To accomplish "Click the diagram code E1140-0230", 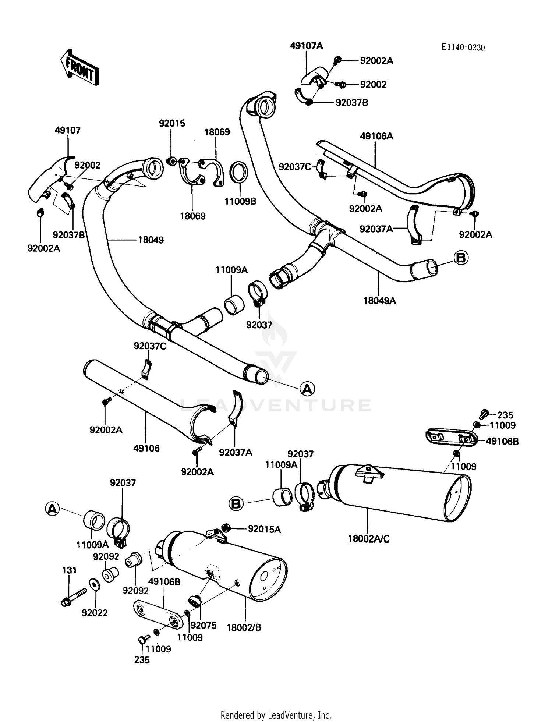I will [463, 47].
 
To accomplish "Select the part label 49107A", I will [306, 46].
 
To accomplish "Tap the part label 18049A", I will [380, 301].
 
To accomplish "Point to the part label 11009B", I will [240, 201].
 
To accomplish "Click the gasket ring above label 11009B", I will [239, 172].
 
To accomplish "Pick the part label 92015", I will [172, 123].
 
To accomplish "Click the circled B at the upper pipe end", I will [461, 258].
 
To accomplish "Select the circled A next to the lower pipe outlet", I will [307, 388].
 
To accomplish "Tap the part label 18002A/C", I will [369, 539].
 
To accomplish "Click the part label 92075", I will [204, 625].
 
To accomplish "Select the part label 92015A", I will [264, 529].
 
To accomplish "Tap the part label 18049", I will [151, 240].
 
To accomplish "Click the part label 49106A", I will [376, 136].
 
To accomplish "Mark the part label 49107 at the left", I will [68, 130].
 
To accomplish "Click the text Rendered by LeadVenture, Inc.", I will [276, 715].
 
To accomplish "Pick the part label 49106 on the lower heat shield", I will [146, 448].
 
